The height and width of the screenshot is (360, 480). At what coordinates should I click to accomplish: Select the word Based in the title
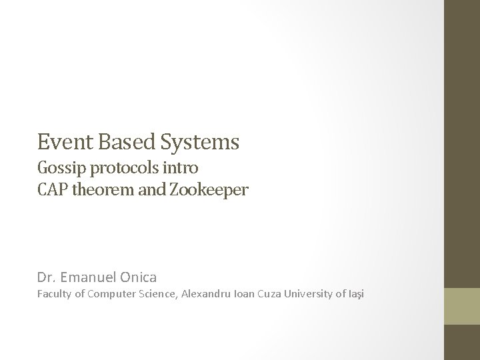tap(116, 142)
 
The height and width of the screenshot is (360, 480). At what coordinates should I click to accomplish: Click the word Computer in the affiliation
tap(116, 294)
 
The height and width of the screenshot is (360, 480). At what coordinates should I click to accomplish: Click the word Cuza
tap(285, 293)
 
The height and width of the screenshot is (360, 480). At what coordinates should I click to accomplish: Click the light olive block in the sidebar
tap(462, 306)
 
